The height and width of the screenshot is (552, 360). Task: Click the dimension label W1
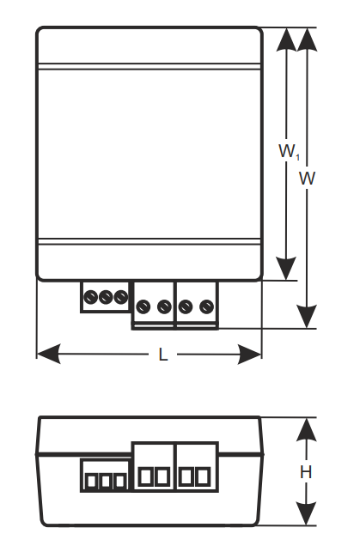click(x=290, y=152)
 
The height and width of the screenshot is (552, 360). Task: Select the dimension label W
click(x=308, y=179)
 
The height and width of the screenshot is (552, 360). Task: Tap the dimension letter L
click(x=162, y=355)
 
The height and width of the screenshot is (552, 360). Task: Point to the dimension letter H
click(x=306, y=472)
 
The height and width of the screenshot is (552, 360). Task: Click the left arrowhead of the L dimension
click(x=49, y=355)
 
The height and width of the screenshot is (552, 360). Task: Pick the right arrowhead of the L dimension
click(x=250, y=355)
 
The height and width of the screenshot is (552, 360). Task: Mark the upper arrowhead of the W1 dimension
click(x=286, y=39)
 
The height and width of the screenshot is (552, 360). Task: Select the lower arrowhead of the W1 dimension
click(x=286, y=269)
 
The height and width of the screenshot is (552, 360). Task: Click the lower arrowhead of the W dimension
click(x=307, y=317)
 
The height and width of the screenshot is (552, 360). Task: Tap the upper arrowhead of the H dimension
click(x=306, y=430)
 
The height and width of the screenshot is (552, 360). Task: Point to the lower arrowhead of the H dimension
click(x=306, y=513)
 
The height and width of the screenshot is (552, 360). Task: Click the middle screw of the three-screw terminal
click(x=106, y=297)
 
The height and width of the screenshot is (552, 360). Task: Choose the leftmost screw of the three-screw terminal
click(x=90, y=297)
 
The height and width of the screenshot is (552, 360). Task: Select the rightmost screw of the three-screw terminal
click(x=120, y=297)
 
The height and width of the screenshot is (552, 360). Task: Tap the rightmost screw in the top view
click(x=206, y=306)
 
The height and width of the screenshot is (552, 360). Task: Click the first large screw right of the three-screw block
click(x=143, y=306)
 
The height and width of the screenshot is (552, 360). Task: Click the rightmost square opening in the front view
click(x=204, y=476)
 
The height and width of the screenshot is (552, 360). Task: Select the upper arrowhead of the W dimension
click(x=308, y=39)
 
